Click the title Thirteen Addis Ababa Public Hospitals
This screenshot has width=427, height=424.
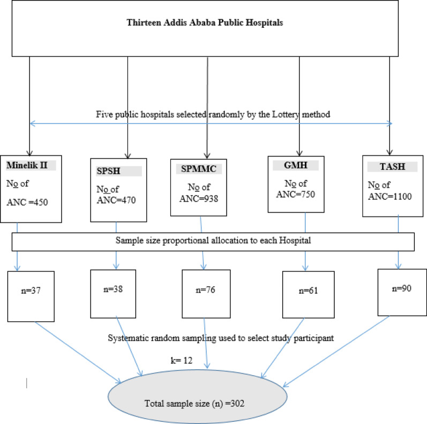[x=205, y=23]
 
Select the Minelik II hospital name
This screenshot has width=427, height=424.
[x=27, y=165]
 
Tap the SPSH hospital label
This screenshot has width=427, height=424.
[x=108, y=171]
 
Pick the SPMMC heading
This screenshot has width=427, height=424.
[x=199, y=169]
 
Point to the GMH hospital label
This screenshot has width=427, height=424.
[x=296, y=165]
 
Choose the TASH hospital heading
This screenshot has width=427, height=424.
[x=392, y=166]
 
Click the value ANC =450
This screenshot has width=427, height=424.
[x=27, y=202]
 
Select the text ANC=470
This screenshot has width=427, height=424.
[x=116, y=200]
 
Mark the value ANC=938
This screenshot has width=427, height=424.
[x=199, y=199]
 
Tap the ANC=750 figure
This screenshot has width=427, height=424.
[x=296, y=194]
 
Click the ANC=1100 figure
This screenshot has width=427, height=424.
[x=390, y=196]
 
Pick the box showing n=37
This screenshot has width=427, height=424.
[x=31, y=296]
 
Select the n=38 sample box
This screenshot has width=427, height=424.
[x=113, y=294]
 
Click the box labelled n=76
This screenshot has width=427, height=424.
[x=206, y=294]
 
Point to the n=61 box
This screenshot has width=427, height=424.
[x=309, y=295]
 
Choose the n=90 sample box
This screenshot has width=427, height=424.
[x=402, y=292]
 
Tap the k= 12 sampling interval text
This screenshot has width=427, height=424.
[x=182, y=360]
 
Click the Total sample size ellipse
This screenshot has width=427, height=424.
[x=198, y=396]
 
